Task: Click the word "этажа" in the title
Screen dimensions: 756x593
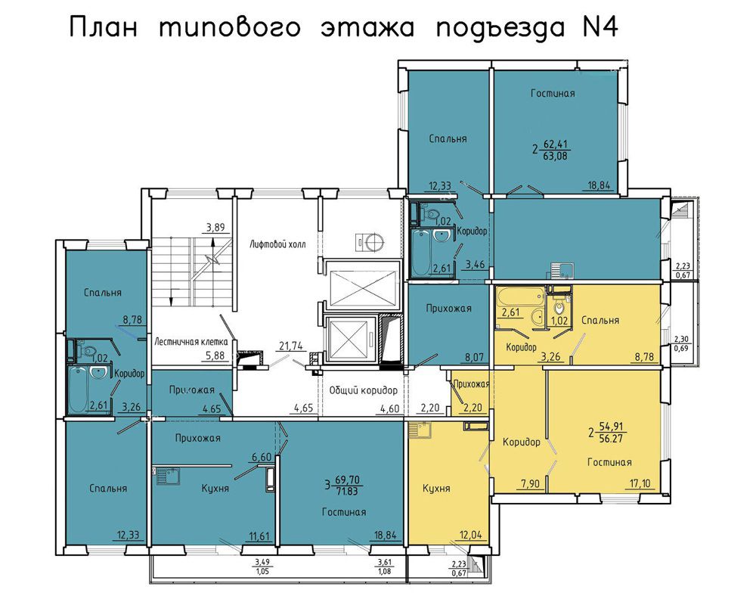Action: tap(367, 27)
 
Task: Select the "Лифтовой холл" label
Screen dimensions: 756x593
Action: tap(277, 244)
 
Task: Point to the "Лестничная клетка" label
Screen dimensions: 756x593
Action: tap(191, 342)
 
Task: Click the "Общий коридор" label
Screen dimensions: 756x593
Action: tap(363, 390)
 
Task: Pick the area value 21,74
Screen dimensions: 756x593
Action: tap(291, 346)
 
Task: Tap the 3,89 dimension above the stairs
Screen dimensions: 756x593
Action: tap(215, 228)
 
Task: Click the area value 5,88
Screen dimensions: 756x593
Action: tap(214, 355)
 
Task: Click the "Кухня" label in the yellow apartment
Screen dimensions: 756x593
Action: tap(436, 488)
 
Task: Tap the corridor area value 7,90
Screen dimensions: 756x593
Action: tap(530, 483)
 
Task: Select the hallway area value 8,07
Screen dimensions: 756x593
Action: tap(475, 358)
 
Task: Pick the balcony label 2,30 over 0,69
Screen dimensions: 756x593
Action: tap(682, 343)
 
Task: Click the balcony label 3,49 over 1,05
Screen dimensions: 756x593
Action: tap(262, 566)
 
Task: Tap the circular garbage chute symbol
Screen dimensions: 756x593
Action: tap(374, 241)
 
